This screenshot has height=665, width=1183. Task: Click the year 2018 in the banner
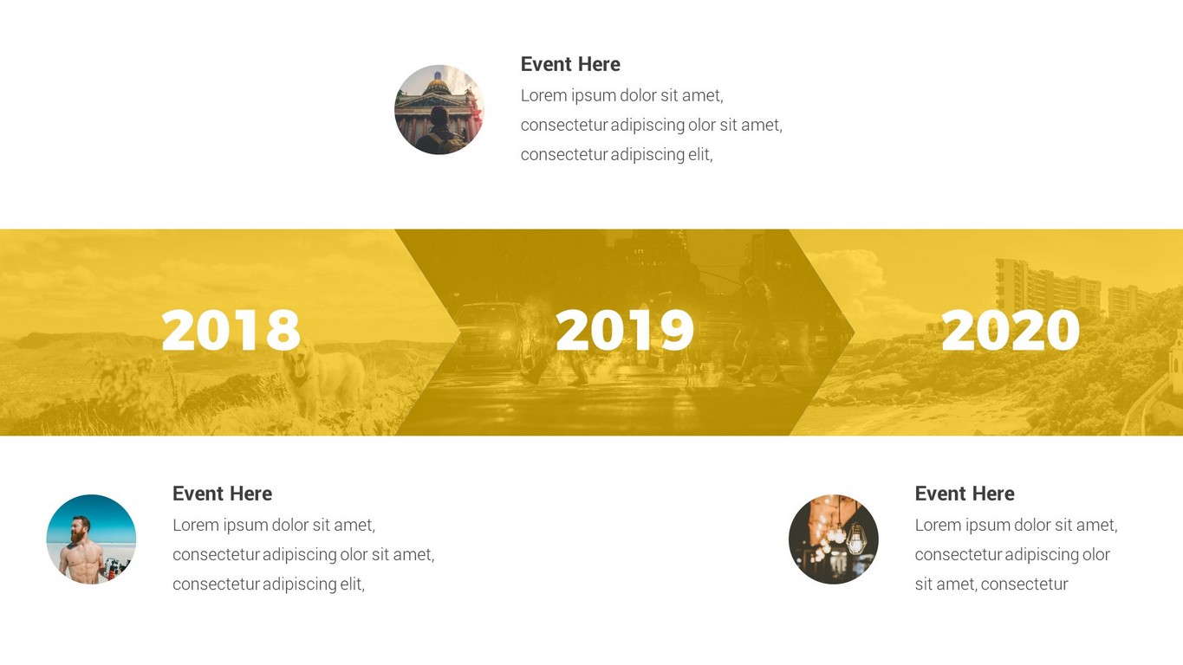pos(231,330)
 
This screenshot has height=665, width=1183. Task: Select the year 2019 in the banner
pos(625,330)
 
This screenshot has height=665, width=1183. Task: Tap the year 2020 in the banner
pos(1011,330)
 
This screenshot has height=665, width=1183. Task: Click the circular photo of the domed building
pos(439,109)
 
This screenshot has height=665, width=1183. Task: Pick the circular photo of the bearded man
pos(91,539)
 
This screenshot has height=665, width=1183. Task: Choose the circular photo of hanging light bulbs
pos(834,539)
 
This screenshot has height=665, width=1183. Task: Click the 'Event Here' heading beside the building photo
pos(570,64)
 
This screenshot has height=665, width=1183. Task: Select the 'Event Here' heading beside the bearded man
pos(223,494)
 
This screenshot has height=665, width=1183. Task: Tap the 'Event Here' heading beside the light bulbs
pos(965,494)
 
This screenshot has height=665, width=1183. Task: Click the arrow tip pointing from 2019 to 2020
pos(854,332)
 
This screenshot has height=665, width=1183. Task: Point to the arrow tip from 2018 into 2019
pos(460,332)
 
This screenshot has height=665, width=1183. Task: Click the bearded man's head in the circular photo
pos(81,529)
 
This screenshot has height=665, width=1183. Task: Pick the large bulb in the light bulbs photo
pos(855,539)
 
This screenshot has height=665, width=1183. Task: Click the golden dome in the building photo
pos(438,85)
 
